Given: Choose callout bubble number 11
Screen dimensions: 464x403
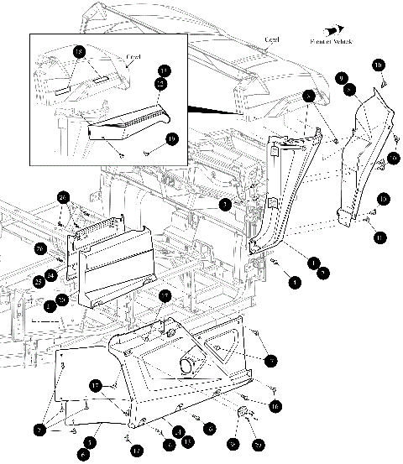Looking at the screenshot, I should click(381, 238).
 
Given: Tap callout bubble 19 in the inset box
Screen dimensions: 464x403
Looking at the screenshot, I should click(172, 139).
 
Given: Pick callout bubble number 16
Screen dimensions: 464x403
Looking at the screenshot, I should click(275, 404).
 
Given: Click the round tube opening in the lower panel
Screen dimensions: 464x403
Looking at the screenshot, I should click(188, 365).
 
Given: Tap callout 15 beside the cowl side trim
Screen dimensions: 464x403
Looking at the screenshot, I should click(382, 199).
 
